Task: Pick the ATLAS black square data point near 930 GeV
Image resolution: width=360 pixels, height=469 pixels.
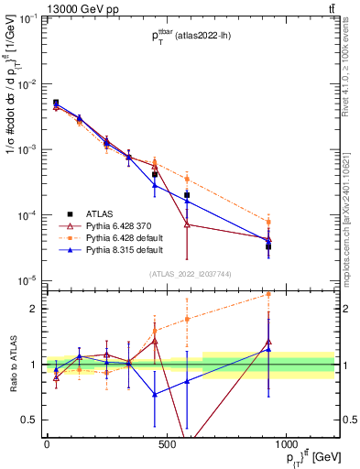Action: pyautogui.click(x=268, y=246)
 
